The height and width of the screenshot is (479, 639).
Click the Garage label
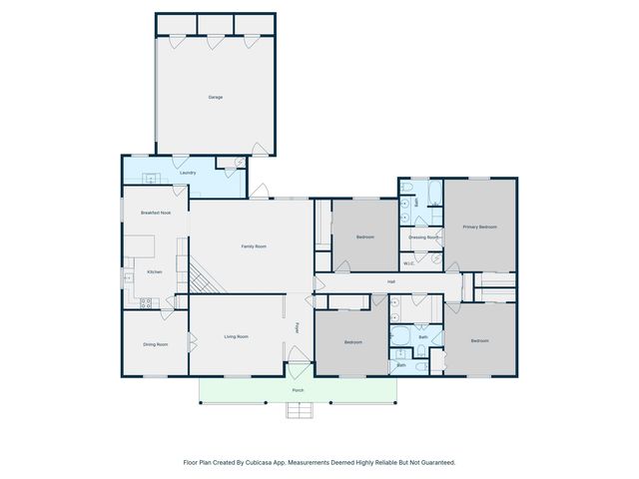(x=215, y=97)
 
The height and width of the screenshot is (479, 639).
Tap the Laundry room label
(x=188, y=173)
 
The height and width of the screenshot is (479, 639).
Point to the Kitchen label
(x=155, y=271)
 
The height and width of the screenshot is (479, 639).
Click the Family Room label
(x=253, y=246)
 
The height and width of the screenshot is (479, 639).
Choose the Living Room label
(x=236, y=337)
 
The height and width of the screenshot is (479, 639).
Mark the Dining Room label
(x=155, y=344)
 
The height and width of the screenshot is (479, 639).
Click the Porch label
(x=298, y=390)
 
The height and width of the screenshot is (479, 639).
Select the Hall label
(x=391, y=282)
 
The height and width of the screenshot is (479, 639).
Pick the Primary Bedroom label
(x=479, y=228)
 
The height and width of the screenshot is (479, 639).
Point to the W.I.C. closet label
(x=408, y=263)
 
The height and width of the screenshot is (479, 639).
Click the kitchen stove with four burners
(x=146, y=302)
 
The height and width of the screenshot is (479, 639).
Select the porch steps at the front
(x=298, y=409)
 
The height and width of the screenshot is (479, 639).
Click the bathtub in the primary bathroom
(x=435, y=192)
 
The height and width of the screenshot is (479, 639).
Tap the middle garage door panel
(x=215, y=23)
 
